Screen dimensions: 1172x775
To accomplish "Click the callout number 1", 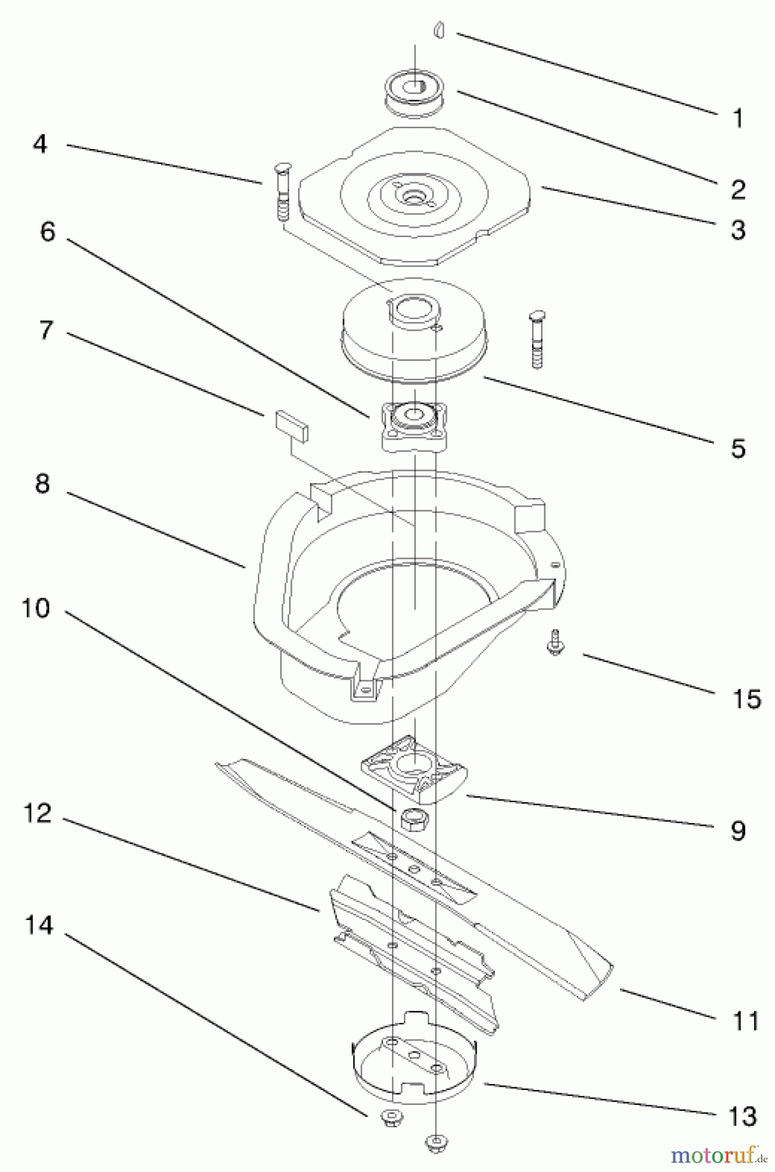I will [x=737, y=119].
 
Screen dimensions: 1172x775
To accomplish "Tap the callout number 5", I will [x=737, y=449].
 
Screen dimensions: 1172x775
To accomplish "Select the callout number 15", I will [x=746, y=699].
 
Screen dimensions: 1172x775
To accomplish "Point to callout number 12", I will [x=37, y=813].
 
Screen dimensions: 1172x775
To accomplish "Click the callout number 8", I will [x=42, y=484].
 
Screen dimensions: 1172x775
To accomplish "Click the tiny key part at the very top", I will [x=440, y=30].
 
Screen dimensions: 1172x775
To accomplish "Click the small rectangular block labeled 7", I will [x=292, y=427].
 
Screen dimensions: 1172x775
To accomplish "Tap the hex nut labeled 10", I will [x=414, y=820].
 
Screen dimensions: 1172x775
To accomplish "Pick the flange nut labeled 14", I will [x=391, y=1119].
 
